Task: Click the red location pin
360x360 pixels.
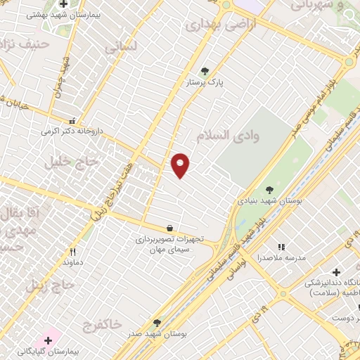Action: (x=181, y=165)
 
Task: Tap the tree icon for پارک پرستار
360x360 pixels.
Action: (x=205, y=71)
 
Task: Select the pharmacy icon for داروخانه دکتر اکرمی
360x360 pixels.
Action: (x=71, y=120)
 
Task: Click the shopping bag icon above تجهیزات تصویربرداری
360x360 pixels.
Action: (x=169, y=228)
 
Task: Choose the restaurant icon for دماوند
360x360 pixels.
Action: (x=72, y=252)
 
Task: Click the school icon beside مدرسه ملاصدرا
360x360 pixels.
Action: (x=281, y=247)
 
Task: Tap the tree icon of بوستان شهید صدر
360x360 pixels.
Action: (x=157, y=323)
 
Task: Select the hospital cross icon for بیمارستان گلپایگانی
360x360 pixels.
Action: (x=48, y=340)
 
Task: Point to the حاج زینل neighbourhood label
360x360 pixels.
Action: (x=50, y=285)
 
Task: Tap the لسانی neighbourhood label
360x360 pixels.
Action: (x=120, y=48)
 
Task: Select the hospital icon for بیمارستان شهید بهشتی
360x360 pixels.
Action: (x=63, y=4)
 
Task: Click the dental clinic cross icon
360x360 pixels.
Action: (x=336, y=272)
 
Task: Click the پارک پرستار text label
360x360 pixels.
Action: (x=205, y=82)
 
